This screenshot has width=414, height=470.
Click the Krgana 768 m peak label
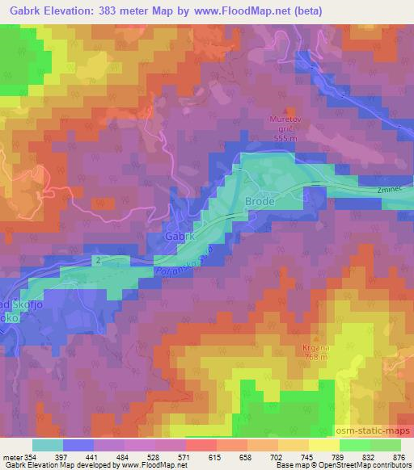pyautogui.click(x=309, y=351)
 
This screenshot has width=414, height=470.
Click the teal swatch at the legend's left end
pyautogui.click(x=48, y=444)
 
